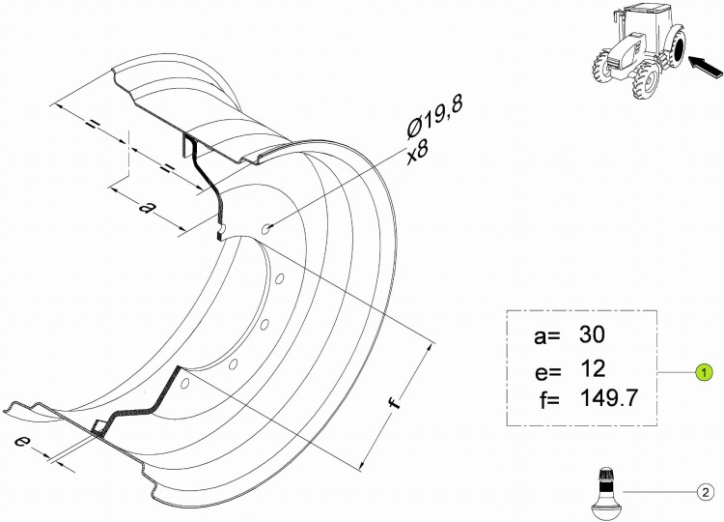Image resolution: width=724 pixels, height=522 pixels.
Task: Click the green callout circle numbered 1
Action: pos(704,372)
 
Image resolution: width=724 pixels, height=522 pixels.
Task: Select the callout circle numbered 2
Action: pos(705,492)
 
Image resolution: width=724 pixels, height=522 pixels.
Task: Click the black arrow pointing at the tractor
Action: pos(706,67)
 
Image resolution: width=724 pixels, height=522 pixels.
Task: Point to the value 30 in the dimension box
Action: pos(592,333)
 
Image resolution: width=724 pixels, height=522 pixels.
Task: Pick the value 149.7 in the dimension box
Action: pos(608,397)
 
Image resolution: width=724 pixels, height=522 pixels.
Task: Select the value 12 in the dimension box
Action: pos(592,368)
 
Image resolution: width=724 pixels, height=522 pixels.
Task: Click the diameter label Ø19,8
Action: pos(434,117)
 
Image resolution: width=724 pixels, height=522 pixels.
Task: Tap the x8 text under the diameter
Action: pos(418,152)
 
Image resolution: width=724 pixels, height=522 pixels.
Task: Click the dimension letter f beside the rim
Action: pos(394,403)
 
